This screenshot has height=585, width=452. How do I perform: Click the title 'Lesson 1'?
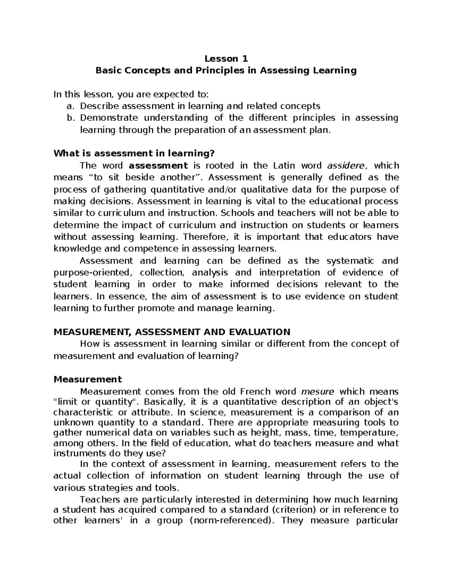pos(226,59)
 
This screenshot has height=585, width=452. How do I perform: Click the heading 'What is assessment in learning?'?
pos(134,153)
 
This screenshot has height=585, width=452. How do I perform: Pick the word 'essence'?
pos(126,296)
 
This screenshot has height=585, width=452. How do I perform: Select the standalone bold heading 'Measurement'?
pos(88,379)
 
